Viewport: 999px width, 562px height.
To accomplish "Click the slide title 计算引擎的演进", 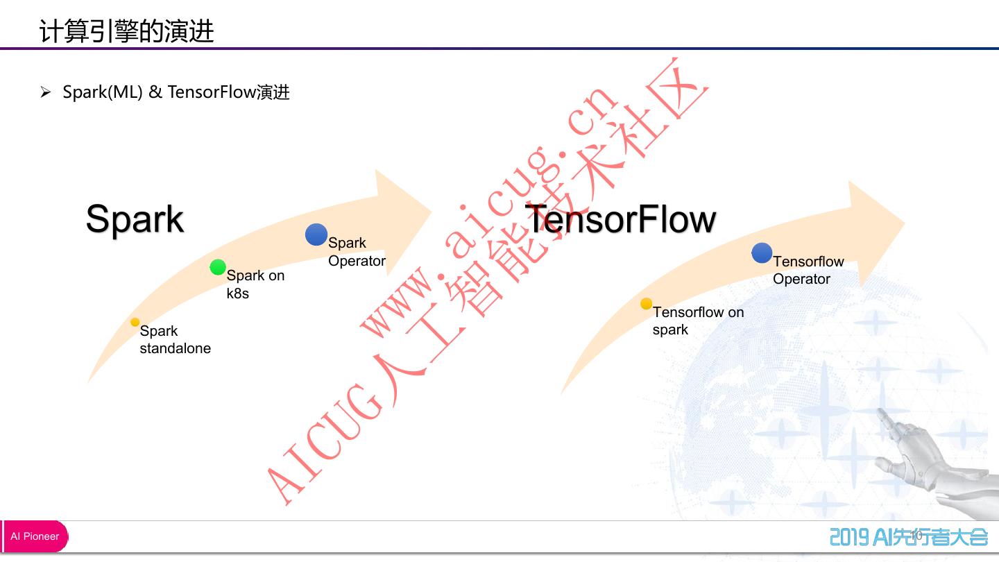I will (x=127, y=32).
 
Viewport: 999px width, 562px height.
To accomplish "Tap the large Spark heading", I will (x=135, y=219).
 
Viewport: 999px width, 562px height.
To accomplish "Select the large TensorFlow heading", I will (x=621, y=219).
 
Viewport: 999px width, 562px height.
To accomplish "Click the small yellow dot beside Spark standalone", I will (x=135, y=322).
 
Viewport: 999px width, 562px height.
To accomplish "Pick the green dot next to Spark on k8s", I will (x=218, y=267).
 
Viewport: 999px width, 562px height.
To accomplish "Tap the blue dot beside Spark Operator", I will (x=316, y=235).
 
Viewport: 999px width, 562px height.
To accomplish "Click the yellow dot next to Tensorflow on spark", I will (x=646, y=304).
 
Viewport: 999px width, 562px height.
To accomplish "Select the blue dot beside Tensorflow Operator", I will (x=762, y=253).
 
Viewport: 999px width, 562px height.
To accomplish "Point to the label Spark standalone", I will (x=175, y=339).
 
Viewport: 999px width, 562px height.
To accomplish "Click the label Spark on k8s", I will (x=255, y=284).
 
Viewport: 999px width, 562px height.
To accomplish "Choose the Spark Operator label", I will (x=357, y=252).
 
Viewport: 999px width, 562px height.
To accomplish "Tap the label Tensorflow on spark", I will (x=697, y=321).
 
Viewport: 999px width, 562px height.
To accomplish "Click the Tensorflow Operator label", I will (x=808, y=270).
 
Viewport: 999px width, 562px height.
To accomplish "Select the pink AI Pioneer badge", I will (x=35, y=536).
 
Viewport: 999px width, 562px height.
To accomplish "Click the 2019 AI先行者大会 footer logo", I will (x=909, y=536).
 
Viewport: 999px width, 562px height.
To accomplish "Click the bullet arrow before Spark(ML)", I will (x=46, y=92).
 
